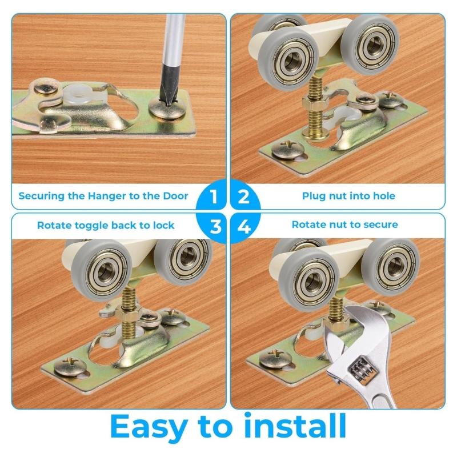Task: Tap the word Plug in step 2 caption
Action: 314,196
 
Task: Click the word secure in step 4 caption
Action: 380,225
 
